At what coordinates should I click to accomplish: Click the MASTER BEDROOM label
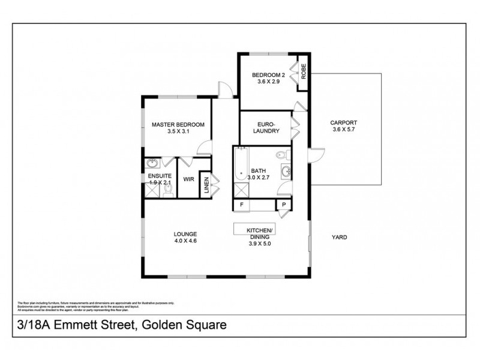pos(178,125)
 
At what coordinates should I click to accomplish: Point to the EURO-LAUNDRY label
pos(266,127)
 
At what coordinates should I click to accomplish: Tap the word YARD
pos(340,237)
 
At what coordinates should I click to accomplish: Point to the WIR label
pos(188,179)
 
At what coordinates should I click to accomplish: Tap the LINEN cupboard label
pos(206,185)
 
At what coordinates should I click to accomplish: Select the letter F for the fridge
pos(242,205)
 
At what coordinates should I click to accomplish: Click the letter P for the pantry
pos(282,205)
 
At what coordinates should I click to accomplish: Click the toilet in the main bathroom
pos(282,156)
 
